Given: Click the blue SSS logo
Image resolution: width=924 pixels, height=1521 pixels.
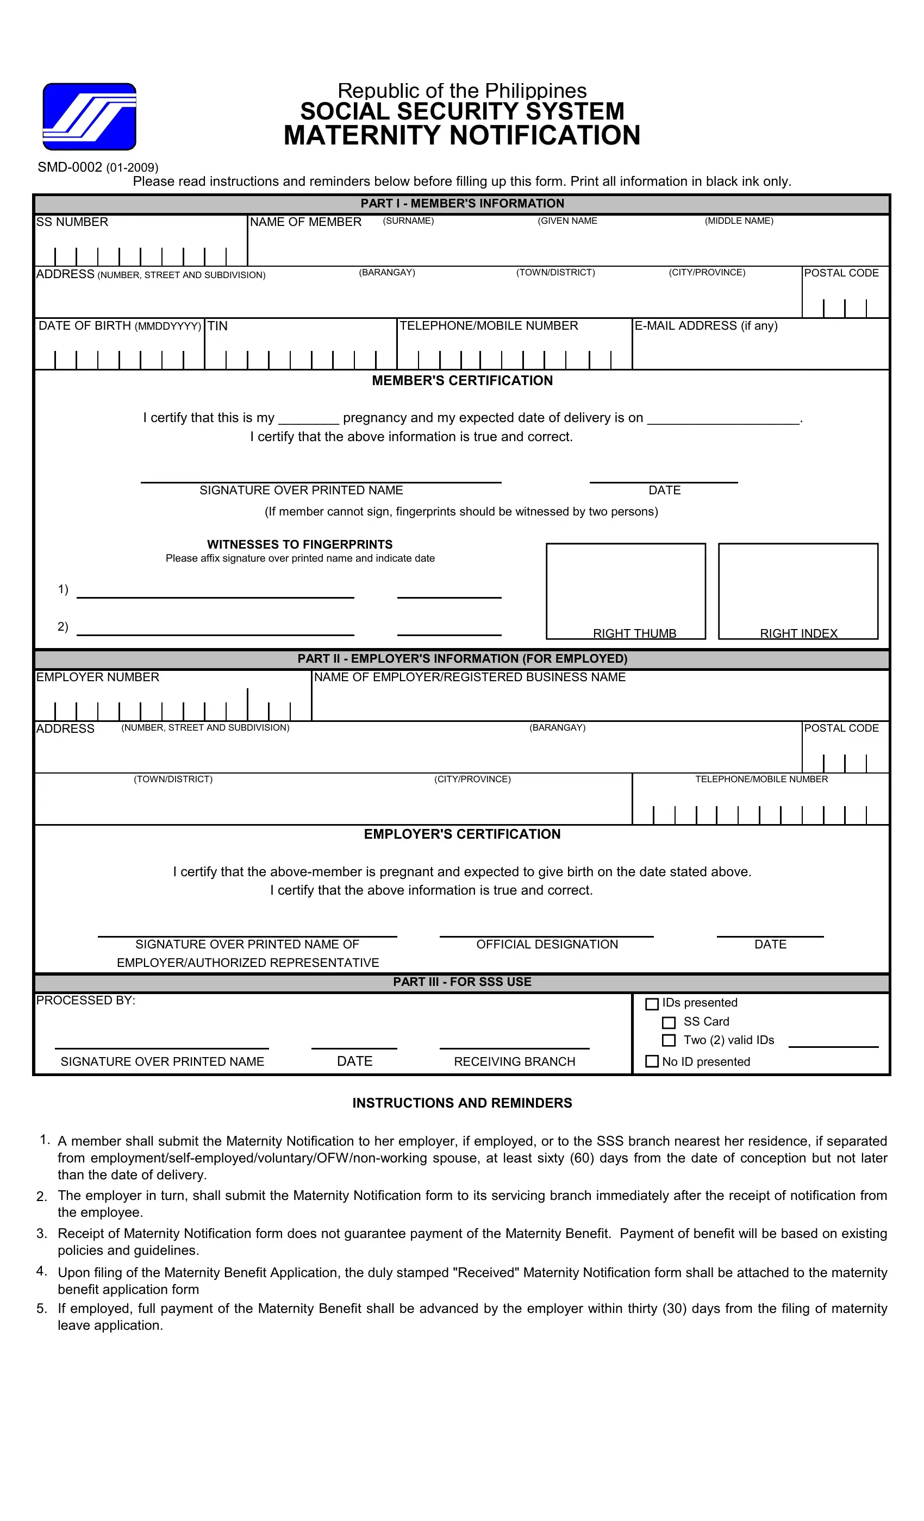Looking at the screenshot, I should tap(89, 117).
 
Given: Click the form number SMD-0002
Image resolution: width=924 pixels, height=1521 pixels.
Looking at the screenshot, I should tap(70, 167).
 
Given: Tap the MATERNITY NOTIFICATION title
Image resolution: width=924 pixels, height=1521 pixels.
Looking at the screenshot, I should tap(461, 136).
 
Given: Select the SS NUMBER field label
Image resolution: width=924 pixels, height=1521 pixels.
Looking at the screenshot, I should tap(72, 222).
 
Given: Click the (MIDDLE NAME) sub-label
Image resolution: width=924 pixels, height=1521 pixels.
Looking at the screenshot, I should tap(739, 221).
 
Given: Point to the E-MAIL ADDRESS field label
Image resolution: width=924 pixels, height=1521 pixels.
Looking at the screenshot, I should tap(706, 326).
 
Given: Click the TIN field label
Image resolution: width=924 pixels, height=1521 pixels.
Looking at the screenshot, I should tap(217, 326).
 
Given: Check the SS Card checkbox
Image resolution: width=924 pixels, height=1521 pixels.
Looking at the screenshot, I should tap(669, 1023).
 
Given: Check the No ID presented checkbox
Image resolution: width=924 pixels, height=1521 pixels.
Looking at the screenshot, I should tap(652, 1061).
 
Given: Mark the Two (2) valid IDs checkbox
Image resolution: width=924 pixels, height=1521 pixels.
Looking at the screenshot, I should tap(669, 1041).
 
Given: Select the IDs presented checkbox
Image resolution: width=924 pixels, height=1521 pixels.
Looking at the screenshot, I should tap(652, 1004).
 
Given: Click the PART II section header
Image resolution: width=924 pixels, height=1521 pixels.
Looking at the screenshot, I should tap(462, 658).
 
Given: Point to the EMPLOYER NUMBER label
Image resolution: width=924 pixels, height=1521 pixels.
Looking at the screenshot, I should tap(98, 677).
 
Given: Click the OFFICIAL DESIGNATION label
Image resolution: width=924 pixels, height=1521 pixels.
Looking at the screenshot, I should tap(547, 945).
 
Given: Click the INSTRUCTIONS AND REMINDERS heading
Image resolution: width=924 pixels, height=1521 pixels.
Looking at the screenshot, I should tap(462, 1103).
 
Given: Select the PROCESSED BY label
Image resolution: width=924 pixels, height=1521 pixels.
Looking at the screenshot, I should tap(85, 1001).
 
